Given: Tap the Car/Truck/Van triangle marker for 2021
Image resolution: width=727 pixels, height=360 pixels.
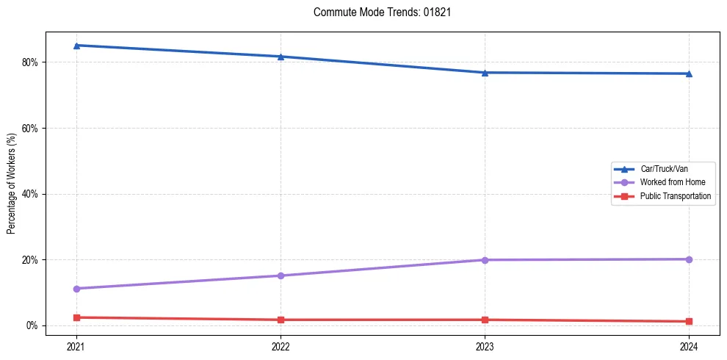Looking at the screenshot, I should [76, 46].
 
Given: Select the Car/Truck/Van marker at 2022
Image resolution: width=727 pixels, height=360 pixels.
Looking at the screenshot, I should [281, 57].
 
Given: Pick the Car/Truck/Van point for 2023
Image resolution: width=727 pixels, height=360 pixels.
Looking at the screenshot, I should [485, 73].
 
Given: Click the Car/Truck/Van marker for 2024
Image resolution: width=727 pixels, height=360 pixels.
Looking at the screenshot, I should [689, 73].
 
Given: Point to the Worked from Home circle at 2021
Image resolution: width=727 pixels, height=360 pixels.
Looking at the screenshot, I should [76, 289].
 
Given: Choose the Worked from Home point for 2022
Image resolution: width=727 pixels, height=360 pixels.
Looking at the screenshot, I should [281, 276].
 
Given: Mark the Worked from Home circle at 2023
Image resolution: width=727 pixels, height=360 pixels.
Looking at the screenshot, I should [485, 260].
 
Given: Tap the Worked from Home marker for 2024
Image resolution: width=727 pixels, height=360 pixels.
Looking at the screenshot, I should [689, 259].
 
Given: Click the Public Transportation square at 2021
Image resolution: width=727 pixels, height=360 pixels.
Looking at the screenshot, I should [76, 317].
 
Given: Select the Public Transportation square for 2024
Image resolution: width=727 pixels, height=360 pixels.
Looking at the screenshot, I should [689, 321].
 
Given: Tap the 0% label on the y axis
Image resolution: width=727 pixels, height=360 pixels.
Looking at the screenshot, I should [32, 325].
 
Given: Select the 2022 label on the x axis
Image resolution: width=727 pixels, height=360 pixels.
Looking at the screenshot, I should [281, 345].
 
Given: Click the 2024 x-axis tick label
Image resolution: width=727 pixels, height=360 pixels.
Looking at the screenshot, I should [689, 345].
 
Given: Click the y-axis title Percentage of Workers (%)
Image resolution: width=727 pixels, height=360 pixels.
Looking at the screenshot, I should [11, 183].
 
